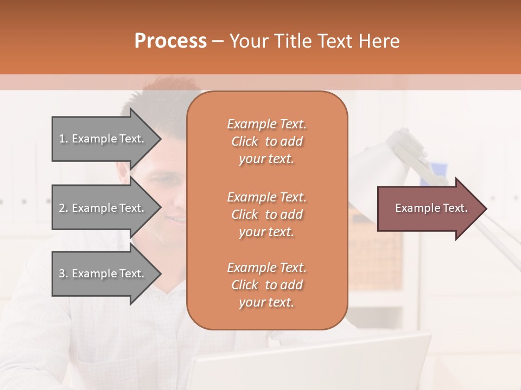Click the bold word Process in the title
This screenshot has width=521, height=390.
pyautogui.click(x=170, y=41)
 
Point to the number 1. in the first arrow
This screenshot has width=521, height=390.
pyautogui.click(x=63, y=139)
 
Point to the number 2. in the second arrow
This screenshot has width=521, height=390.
pyautogui.click(x=63, y=208)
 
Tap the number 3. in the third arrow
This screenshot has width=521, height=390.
pyautogui.click(x=63, y=274)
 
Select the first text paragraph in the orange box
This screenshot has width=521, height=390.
pyautogui.click(x=266, y=141)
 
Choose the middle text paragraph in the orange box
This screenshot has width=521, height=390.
pyautogui.click(x=266, y=214)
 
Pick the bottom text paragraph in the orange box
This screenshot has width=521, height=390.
pyautogui.click(x=266, y=285)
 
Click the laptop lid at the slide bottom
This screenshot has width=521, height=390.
pyautogui.click(x=304, y=363)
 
